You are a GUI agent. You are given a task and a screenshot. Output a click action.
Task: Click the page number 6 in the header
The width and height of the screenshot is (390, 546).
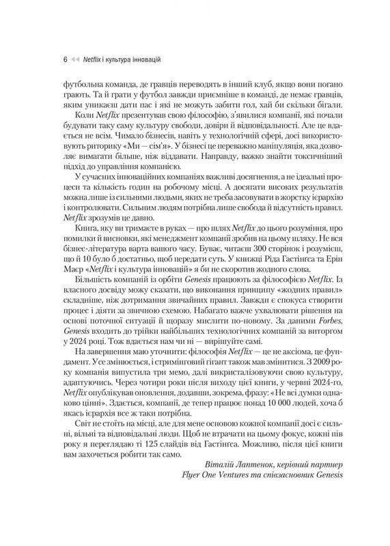[x=64, y=59]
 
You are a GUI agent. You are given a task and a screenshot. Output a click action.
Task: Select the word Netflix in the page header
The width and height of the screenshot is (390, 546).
[x=93, y=59]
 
